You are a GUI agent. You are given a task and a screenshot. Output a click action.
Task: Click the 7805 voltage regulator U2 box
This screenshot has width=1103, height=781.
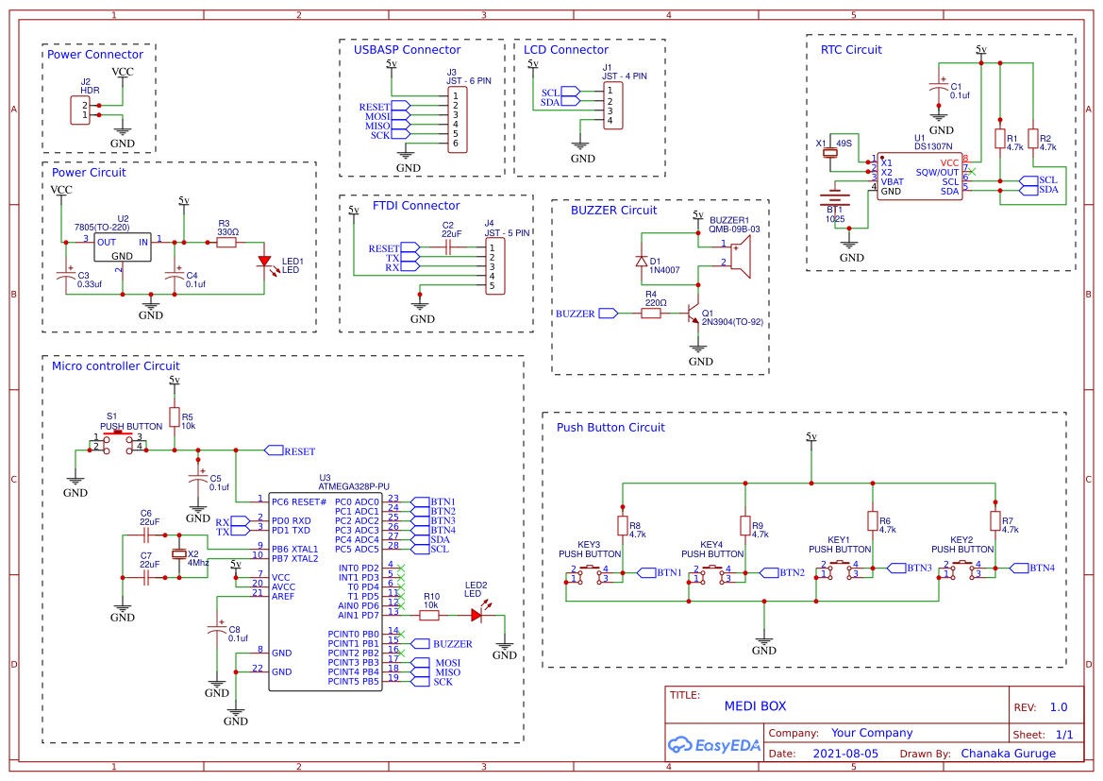click(122, 247)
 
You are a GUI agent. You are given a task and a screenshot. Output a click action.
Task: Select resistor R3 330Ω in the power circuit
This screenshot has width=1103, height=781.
click(226, 243)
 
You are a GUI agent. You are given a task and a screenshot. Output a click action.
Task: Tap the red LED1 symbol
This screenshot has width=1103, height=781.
click(265, 262)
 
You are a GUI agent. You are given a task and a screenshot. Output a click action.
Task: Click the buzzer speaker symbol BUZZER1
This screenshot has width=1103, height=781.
click(741, 255)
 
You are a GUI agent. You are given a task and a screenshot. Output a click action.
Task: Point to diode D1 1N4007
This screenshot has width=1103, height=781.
click(642, 261)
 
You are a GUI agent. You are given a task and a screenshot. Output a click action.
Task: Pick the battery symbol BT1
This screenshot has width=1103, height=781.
click(834, 200)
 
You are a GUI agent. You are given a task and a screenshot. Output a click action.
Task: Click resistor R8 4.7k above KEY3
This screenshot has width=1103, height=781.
click(622, 525)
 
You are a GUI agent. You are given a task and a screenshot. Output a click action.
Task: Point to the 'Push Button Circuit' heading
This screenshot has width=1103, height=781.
click(610, 427)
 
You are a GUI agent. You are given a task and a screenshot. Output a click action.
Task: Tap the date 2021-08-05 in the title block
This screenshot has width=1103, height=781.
click(844, 754)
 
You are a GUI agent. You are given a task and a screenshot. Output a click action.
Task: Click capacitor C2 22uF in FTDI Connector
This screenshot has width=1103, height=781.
click(450, 247)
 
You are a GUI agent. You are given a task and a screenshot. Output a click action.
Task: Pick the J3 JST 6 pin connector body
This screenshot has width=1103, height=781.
click(456, 119)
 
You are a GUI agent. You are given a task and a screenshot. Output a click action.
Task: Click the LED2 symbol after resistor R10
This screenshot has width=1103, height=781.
click(476, 615)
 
